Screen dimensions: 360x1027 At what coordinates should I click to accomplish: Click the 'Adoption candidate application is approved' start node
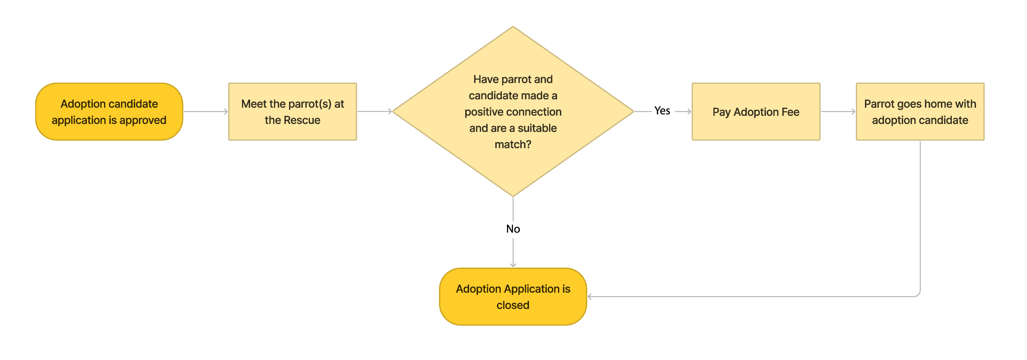pos(109,111)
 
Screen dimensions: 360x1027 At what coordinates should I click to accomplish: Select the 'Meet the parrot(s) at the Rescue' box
pos(292,111)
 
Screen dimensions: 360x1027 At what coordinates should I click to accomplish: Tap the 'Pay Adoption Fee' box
pos(756,111)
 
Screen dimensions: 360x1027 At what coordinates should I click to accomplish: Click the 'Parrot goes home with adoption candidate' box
pos(920,111)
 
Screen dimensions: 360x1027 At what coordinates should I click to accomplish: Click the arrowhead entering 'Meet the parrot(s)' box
pos(226,111)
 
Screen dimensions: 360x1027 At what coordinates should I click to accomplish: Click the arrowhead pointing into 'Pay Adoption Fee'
pos(689,111)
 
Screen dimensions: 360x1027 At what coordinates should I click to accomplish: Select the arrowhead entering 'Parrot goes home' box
pos(854,111)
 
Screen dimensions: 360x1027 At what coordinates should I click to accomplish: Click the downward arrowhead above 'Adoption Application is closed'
pos(513,265)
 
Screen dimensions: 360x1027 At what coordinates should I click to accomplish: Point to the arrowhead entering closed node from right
pos(590,297)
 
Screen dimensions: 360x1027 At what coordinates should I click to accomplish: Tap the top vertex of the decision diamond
pos(513,27)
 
